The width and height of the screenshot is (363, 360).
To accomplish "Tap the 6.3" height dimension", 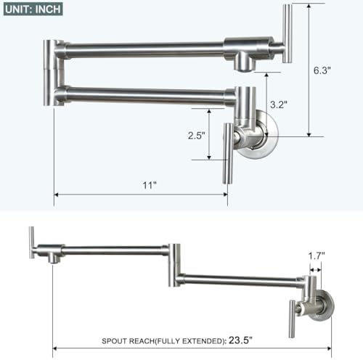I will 323,71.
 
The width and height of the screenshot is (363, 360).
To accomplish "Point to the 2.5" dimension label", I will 196,135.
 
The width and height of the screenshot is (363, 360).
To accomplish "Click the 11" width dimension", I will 150,185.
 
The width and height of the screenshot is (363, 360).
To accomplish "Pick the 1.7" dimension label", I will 315,255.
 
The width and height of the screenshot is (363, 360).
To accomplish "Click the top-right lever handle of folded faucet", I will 287,33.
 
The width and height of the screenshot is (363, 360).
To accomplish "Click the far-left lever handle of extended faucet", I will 31,242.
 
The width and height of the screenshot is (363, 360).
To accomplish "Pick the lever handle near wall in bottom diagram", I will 294,316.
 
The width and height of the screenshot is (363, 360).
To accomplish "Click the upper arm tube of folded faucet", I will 145,50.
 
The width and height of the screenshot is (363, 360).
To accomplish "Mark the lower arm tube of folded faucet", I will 145,94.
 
